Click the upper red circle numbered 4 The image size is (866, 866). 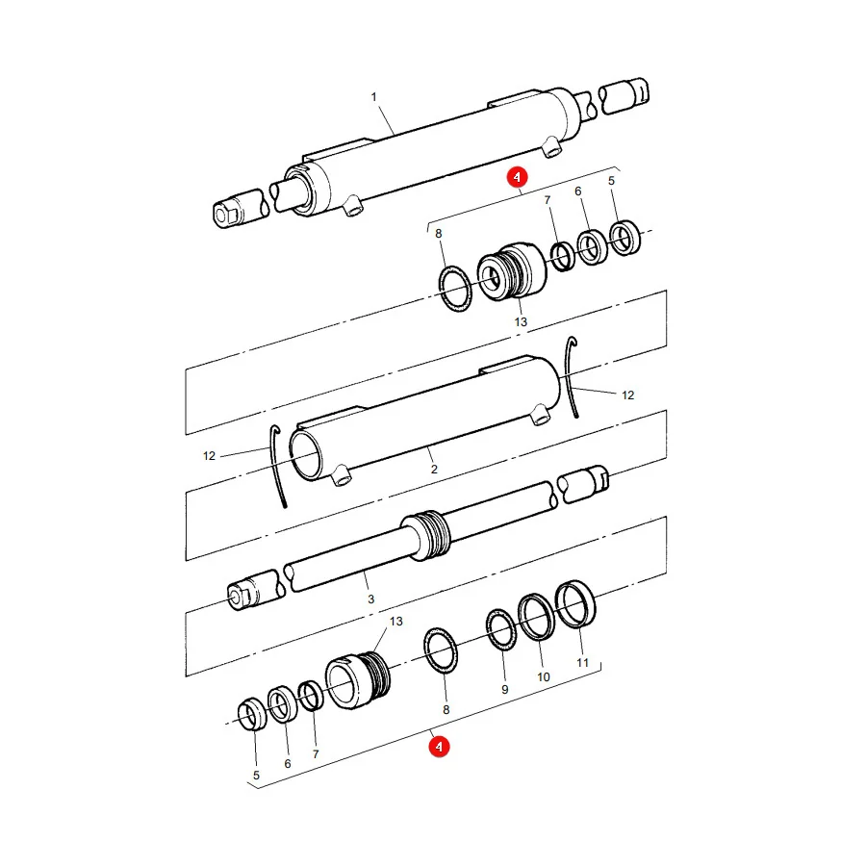[x=517, y=177]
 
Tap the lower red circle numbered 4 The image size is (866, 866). [x=439, y=747]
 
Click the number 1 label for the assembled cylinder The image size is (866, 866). [x=374, y=97]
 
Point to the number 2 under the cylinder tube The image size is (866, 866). [x=434, y=469]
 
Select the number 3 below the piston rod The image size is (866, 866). [x=371, y=599]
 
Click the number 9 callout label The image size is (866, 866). [x=505, y=689]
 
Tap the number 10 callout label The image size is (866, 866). [x=544, y=677]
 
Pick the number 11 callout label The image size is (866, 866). [x=583, y=663]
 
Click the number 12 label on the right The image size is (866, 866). [x=628, y=395]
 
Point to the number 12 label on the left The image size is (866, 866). [x=209, y=456]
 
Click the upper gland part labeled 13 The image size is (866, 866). [x=513, y=271]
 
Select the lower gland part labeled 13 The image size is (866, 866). [x=358, y=679]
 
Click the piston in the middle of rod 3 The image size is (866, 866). [x=426, y=535]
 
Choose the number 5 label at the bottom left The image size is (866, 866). [x=256, y=776]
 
